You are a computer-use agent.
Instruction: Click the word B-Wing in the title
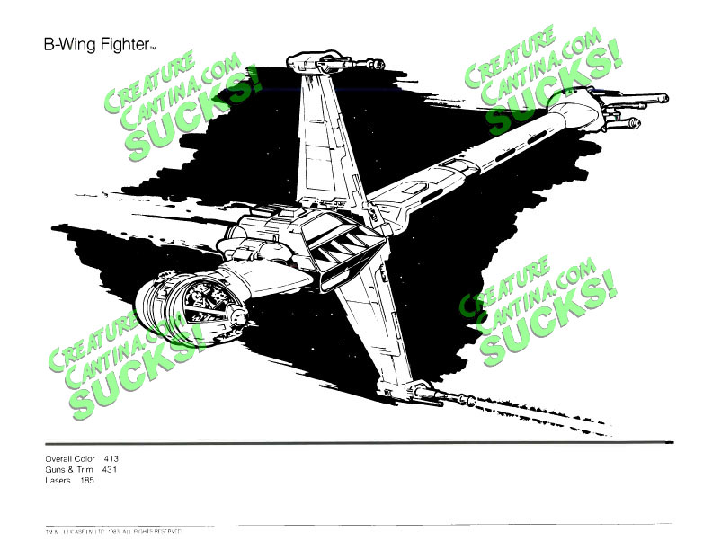coord(68,44)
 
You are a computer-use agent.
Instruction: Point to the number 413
coord(111,458)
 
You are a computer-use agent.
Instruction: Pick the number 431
coord(111,469)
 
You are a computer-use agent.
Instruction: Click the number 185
coord(86,480)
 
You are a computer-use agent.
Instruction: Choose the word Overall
coord(58,458)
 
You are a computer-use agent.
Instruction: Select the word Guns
coord(54,469)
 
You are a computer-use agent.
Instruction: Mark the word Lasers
coord(58,480)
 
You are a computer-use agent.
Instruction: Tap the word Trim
coord(87,469)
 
